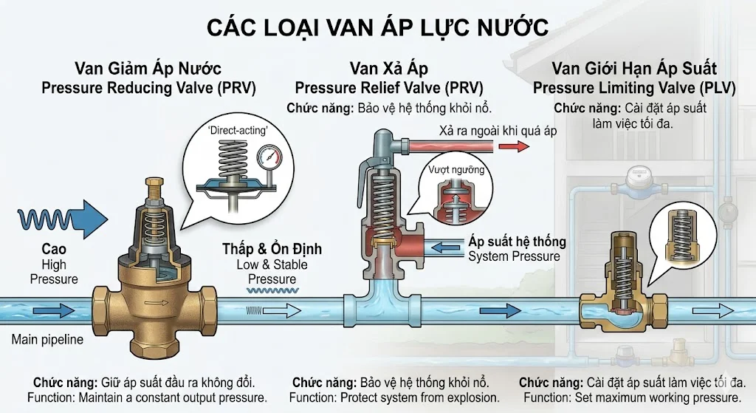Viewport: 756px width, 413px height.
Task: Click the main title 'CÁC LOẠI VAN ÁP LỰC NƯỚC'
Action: point(377,27)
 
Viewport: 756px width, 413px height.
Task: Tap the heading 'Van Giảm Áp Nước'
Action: point(148,69)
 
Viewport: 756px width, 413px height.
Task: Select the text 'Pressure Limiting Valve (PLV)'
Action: point(634,88)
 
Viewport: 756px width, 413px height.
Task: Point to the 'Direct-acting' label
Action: point(238,130)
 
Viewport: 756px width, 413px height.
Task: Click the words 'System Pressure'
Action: point(514,256)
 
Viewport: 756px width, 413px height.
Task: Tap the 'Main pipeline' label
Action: point(47,340)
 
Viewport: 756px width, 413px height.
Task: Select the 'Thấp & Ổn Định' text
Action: point(272,248)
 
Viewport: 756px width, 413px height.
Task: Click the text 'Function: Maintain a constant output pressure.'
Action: point(146,398)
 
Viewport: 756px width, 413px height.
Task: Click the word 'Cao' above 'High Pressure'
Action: point(53,249)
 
